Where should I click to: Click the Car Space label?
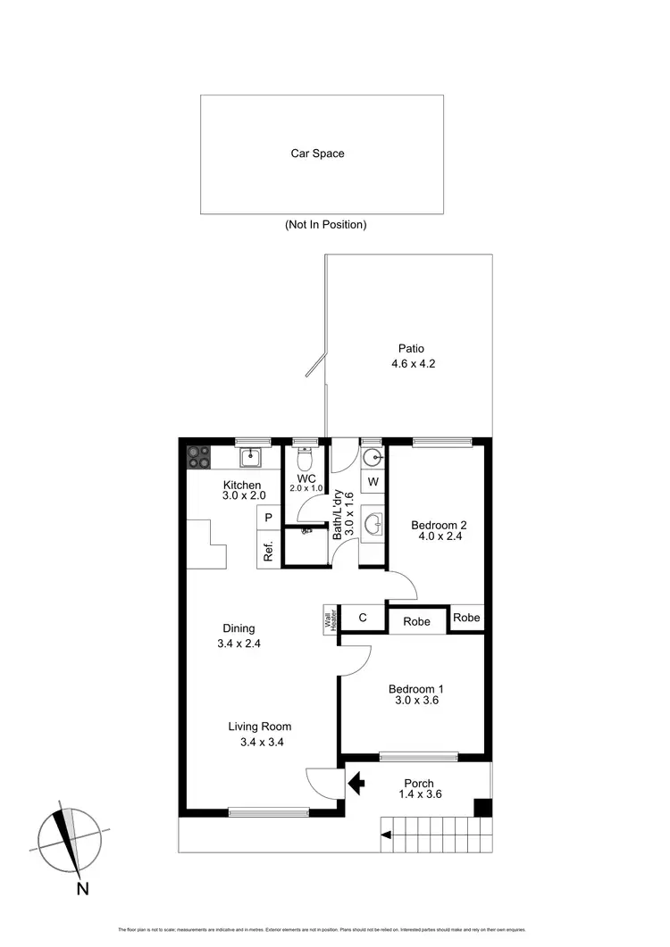(x=317, y=154)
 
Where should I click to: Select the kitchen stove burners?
(x=198, y=458)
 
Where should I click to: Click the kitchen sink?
(x=249, y=458)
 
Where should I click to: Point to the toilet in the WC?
(x=304, y=459)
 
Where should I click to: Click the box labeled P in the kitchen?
(x=267, y=518)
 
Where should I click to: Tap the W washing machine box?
(x=373, y=483)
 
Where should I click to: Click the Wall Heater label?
(x=328, y=618)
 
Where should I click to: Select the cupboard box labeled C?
(x=363, y=618)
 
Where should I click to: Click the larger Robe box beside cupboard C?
(x=416, y=620)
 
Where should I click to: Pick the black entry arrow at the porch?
(x=356, y=784)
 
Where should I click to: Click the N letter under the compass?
(x=82, y=888)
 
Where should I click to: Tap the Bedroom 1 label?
(x=415, y=688)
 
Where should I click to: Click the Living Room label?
(x=259, y=727)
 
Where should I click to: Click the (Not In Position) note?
(x=325, y=225)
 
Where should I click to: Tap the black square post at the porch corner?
(x=482, y=808)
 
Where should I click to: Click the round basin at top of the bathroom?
(x=373, y=458)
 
